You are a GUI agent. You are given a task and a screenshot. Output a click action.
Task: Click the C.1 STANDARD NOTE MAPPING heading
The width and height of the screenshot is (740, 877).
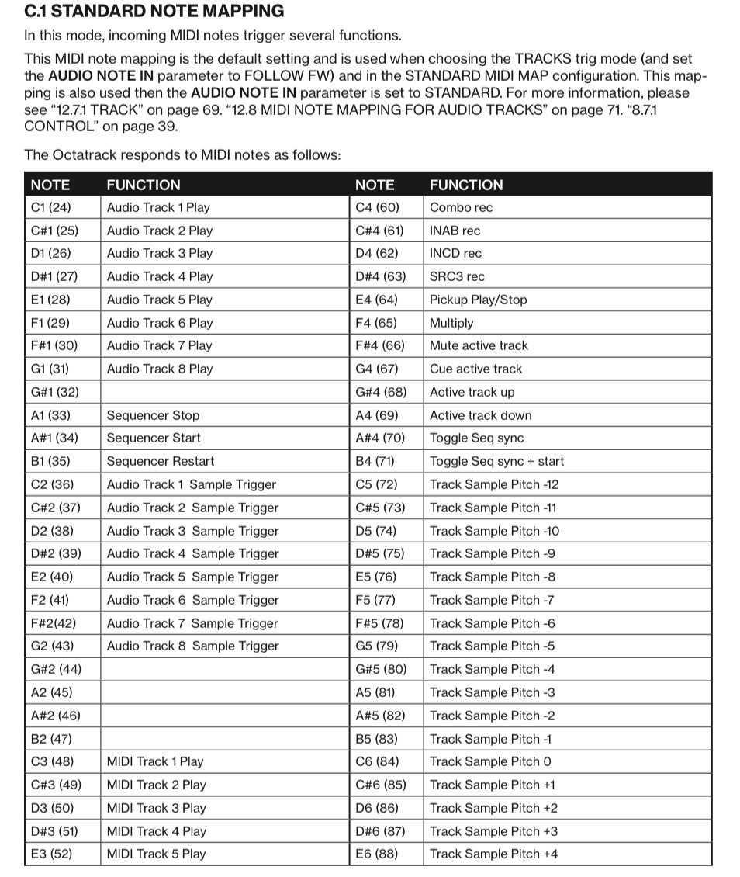coord(154,12)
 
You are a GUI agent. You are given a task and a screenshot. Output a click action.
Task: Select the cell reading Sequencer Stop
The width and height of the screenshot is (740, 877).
coord(153,415)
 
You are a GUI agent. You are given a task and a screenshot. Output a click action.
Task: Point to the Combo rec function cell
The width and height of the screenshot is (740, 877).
coord(461,207)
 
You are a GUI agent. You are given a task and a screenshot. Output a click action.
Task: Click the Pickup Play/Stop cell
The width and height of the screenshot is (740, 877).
coord(478,300)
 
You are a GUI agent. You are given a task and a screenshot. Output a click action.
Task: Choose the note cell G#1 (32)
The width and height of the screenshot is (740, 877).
coord(55,392)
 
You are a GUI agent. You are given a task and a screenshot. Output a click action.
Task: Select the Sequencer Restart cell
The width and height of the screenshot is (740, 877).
coord(160,461)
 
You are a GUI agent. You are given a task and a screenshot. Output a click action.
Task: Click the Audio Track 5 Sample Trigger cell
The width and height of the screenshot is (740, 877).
coord(192,577)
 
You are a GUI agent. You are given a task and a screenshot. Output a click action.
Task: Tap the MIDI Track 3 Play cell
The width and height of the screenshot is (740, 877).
coord(156,808)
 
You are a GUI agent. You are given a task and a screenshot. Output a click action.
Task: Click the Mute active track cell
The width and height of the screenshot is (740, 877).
coord(479,346)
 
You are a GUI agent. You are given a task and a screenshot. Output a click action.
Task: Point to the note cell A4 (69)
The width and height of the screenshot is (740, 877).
coord(376,415)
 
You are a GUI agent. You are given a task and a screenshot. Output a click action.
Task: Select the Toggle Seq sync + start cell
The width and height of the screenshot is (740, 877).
coord(496,461)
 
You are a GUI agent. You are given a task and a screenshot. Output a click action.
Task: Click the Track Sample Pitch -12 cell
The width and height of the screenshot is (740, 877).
coord(494,484)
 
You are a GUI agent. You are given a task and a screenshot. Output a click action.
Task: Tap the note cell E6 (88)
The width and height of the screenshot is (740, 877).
coord(376,854)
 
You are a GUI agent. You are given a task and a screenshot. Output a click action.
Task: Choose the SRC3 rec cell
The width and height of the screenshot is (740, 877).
coord(457,276)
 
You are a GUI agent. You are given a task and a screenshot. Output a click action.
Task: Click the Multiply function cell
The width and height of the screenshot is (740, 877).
coord(451,323)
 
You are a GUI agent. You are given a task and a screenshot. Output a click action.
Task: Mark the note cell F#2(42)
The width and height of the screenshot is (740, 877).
coord(54,623)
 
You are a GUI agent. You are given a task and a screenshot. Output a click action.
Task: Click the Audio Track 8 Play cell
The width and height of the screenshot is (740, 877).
coord(159,369)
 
